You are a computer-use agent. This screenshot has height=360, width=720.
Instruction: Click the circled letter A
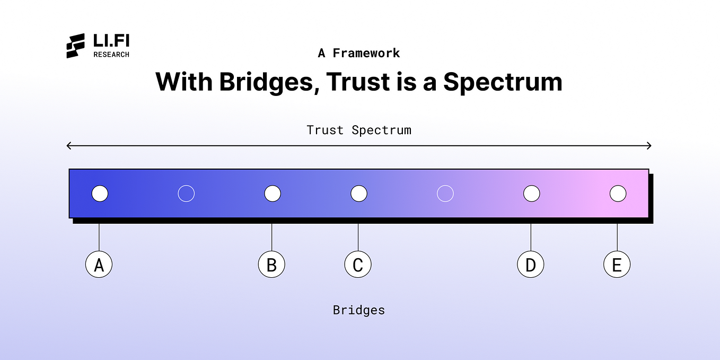pyautogui.click(x=99, y=265)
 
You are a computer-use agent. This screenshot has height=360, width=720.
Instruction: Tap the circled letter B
pyautogui.click(x=271, y=265)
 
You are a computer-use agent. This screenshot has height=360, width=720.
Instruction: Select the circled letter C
pyautogui.click(x=358, y=265)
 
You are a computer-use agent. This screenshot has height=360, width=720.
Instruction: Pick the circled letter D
pyautogui.click(x=531, y=265)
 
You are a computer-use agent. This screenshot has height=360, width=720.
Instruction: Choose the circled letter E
pyautogui.click(x=617, y=265)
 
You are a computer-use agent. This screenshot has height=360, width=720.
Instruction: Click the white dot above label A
pyautogui.click(x=100, y=194)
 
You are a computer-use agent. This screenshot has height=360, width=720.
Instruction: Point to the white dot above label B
pyautogui.click(x=273, y=194)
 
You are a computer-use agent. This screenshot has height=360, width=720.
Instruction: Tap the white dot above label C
pyautogui.click(x=359, y=194)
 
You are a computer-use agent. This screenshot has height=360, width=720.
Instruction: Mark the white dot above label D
pyautogui.click(x=532, y=194)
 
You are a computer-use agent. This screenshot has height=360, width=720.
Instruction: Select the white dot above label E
pyautogui.click(x=618, y=194)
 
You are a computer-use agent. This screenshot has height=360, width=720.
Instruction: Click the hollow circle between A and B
pyautogui.click(x=186, y=186)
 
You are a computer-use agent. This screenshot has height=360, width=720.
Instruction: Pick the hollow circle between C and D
pyautogui.click(x=445, y=186)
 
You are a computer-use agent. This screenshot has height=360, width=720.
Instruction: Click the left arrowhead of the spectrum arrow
pyautogui.click(x=67, y=146)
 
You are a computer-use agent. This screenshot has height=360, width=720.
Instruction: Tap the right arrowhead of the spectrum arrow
pyautogui.click(x=651, y=146)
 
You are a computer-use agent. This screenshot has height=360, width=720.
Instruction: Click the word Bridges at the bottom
pyautogui.click(x=359, y=310)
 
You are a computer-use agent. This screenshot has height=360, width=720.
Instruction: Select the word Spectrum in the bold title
pyautogui.click(x=503, y=82)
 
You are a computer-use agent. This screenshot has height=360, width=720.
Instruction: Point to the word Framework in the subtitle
pyautogui.click(x=366, y=53)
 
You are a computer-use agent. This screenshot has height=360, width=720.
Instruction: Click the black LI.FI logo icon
pyautogui.click(x=75, y=46)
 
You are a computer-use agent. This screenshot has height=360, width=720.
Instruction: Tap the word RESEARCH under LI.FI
pyautogui.click(x=111, y=55)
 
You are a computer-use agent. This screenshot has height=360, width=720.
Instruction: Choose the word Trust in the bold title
pyautogui.click(x=358, y=82)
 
